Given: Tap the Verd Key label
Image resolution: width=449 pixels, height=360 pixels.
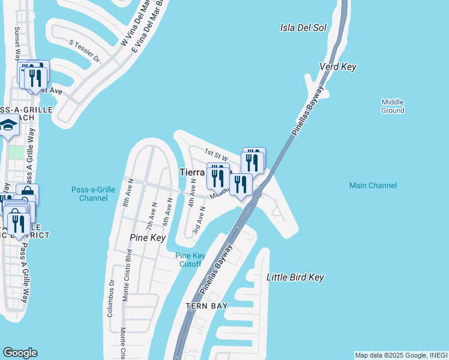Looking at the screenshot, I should click(338, 67).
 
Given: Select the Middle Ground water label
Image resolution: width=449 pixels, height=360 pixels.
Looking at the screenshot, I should click(393, 106).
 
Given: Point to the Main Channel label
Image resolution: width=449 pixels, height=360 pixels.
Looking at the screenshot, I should click(373, 186).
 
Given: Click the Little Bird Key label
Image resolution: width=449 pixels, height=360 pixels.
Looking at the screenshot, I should click(295, 277).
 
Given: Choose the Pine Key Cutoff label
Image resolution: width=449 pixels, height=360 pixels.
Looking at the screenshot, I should click(190, 260).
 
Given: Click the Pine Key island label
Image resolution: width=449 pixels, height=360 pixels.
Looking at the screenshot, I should click(148, 238).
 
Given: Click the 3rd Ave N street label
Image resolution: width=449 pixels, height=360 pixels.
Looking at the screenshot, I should click(199, 221).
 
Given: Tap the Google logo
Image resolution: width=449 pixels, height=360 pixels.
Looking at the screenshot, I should click(20, 353).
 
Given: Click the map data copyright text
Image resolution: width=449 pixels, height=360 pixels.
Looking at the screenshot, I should click(400, 355).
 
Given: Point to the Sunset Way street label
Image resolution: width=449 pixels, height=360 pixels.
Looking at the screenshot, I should click(14, 43).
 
